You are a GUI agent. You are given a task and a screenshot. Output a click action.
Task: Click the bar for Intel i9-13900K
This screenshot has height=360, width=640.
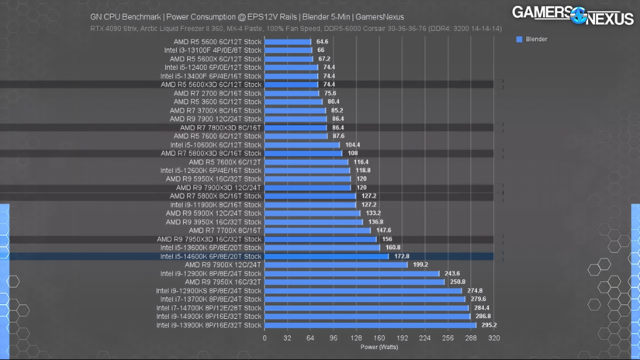(x=370, y=325)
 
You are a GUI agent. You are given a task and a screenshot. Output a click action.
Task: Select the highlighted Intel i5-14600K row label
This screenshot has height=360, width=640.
(x=211, y=256)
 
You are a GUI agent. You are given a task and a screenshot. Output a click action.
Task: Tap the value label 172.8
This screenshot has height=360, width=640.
(x=401, y=256)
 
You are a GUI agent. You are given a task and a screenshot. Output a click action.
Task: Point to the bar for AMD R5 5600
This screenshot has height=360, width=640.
(x=288, y=42)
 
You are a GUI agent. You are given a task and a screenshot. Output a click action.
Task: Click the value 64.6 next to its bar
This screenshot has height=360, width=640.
(x=322, y=42)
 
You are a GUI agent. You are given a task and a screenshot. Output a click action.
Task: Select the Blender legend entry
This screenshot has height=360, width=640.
(x=535, y=39)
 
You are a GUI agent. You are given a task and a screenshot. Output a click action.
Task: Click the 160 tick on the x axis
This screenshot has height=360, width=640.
(x=379, y=338)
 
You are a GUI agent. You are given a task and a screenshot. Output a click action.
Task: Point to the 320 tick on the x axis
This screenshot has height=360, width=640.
(x=493, y=338)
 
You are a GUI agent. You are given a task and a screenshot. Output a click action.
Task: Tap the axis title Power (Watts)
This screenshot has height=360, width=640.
(x=379, y=347)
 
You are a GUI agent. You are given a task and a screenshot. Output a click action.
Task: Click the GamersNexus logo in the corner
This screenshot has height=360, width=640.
(x=573, y=15)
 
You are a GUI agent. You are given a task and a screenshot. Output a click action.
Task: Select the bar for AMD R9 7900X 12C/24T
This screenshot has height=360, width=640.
(x=336, y=265)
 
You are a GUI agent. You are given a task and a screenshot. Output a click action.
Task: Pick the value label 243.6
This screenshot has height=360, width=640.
(x=452, y=273)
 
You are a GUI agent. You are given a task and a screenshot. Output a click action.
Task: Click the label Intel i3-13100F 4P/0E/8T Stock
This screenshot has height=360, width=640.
(x=213, y=50)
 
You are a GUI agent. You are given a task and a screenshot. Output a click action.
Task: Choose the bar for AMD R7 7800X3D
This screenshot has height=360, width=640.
(x=296, y=128)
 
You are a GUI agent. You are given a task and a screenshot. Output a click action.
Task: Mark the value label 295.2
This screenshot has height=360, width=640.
(x=489, y=325)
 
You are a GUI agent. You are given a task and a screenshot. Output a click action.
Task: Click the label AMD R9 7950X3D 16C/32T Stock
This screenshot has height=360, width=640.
(x=209, y=239)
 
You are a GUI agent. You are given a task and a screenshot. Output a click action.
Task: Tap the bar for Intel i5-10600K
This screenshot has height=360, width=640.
(x=302, y=145)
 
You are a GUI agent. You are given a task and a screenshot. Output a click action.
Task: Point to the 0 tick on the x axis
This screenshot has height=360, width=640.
(x=265, y=338)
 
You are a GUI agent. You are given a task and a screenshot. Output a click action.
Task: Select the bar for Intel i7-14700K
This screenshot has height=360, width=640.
(x=366, y=308)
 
